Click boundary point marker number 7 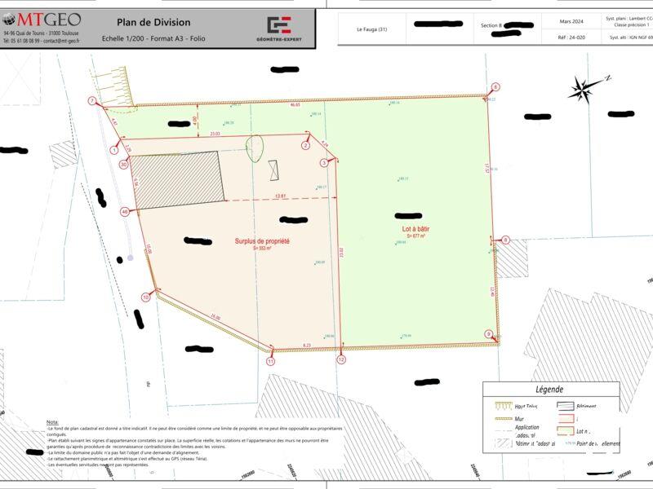click(92, 101)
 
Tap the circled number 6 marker click(495, 86)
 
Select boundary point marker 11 click(270, 360)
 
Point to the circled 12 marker click(341, 359)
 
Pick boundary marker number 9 click(489, 334)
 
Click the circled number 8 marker click(505, 240)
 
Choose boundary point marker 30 click(123, 164)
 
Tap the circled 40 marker click(124, 212)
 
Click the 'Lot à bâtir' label click(416, 231)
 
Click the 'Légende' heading click(549, 390)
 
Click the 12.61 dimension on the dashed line click(280, 196)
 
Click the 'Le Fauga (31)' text click(372, 30)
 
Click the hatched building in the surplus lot click(176, 178)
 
